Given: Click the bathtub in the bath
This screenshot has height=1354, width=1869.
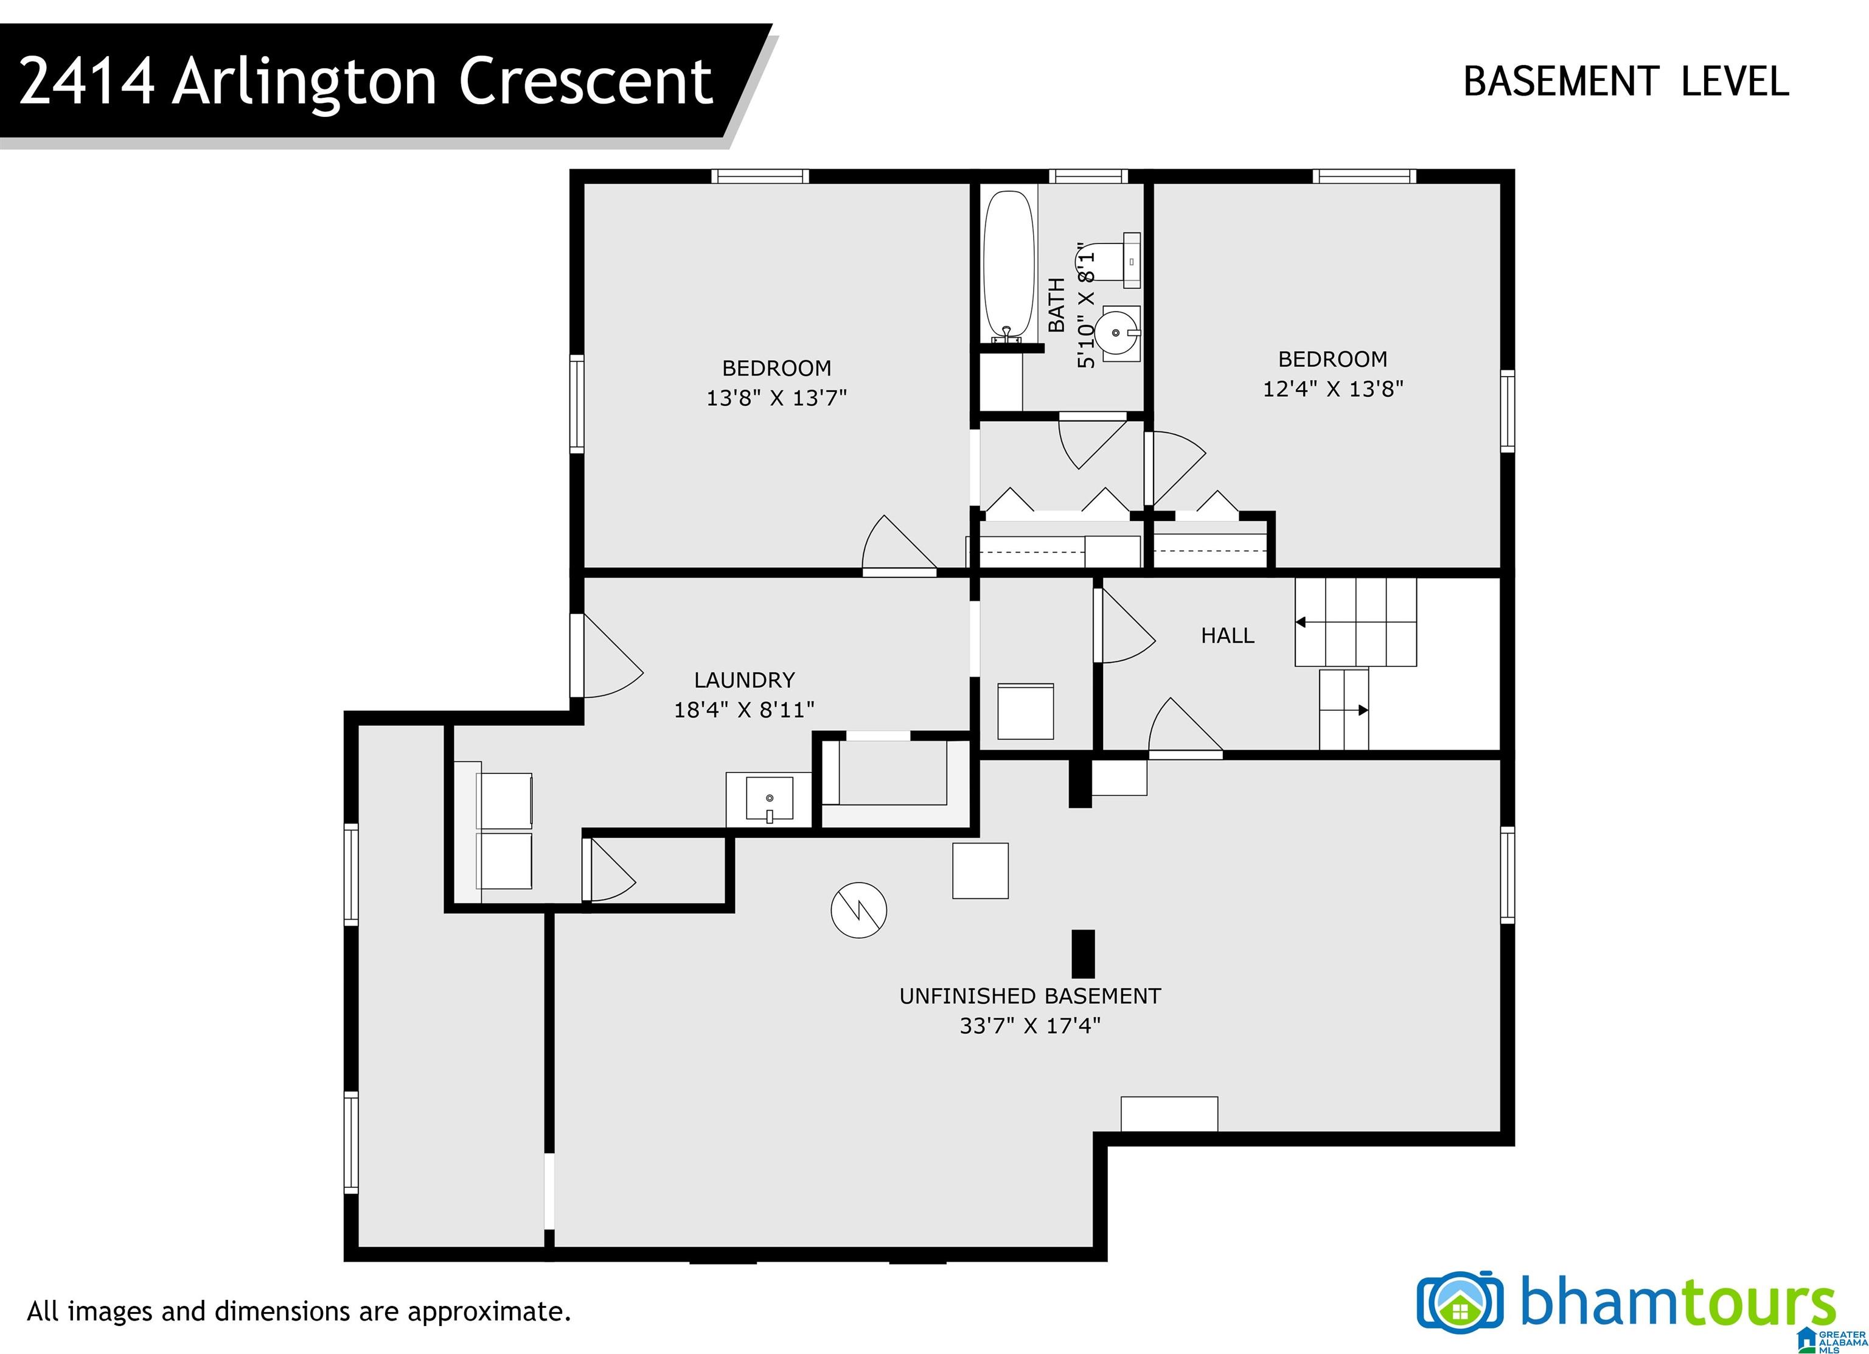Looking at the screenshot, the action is (x=1009, y=266).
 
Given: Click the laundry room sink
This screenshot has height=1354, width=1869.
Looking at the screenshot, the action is (x=770, y=800).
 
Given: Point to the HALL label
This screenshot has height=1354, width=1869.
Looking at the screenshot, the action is (x=1227, y=635).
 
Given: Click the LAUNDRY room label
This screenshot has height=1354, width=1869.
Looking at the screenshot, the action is (x=744, y=680).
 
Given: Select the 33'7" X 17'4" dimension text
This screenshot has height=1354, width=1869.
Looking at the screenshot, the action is (x=1030, y=1026).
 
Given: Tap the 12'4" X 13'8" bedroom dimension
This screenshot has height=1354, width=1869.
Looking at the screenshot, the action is (x=1332, y=388).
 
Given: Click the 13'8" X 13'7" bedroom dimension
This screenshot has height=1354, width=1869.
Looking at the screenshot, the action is (x=776, y=397).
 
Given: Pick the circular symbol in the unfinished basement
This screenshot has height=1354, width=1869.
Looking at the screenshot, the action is (x=858, y=910).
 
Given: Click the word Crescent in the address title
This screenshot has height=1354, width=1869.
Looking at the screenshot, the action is (x=585, y=82).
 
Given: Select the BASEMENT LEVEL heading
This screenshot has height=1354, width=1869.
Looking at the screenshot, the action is (x=1626, y=82).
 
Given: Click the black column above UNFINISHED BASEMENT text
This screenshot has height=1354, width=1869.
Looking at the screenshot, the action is (x=1083, y=954).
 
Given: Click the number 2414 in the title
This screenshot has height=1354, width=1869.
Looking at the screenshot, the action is (x=86, y=82).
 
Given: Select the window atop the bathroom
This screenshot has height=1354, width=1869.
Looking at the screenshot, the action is (x=1088, y=175).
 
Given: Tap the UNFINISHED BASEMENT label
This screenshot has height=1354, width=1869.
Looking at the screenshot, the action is (x=1030, y=996).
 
